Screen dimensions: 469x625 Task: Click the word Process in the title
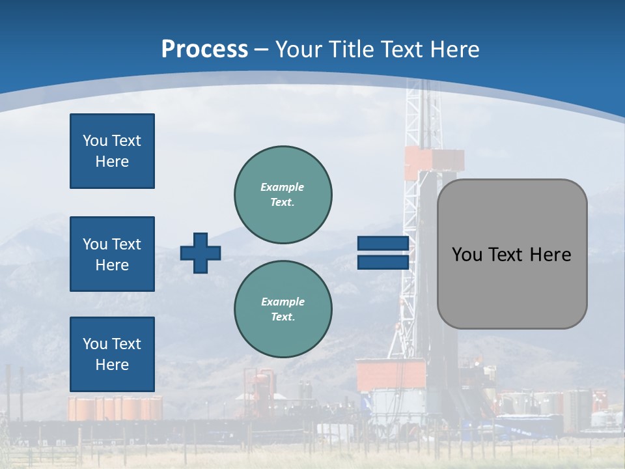(x=204, y=50)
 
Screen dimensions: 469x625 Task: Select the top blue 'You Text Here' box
(x=112, y=151)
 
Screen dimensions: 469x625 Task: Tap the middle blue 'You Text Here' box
(x=112, y=254)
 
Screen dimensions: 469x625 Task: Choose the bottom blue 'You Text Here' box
(x=112, y=354)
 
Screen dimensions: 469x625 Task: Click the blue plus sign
(x=201, y=253)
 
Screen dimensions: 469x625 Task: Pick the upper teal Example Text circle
(x=283, y=194)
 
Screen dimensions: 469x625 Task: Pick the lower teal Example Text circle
(x=283, y=309)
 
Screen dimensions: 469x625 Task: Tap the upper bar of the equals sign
(x=383, y=244)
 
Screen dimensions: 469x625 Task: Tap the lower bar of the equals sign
(x=383, y=263)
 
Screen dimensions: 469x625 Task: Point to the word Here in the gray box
(x=550, y=255)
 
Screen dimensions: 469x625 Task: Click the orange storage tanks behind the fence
(x=115, y=408)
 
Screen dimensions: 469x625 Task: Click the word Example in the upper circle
(x=283, y=187)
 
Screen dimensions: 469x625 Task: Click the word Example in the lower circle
(x=283, y=302)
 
